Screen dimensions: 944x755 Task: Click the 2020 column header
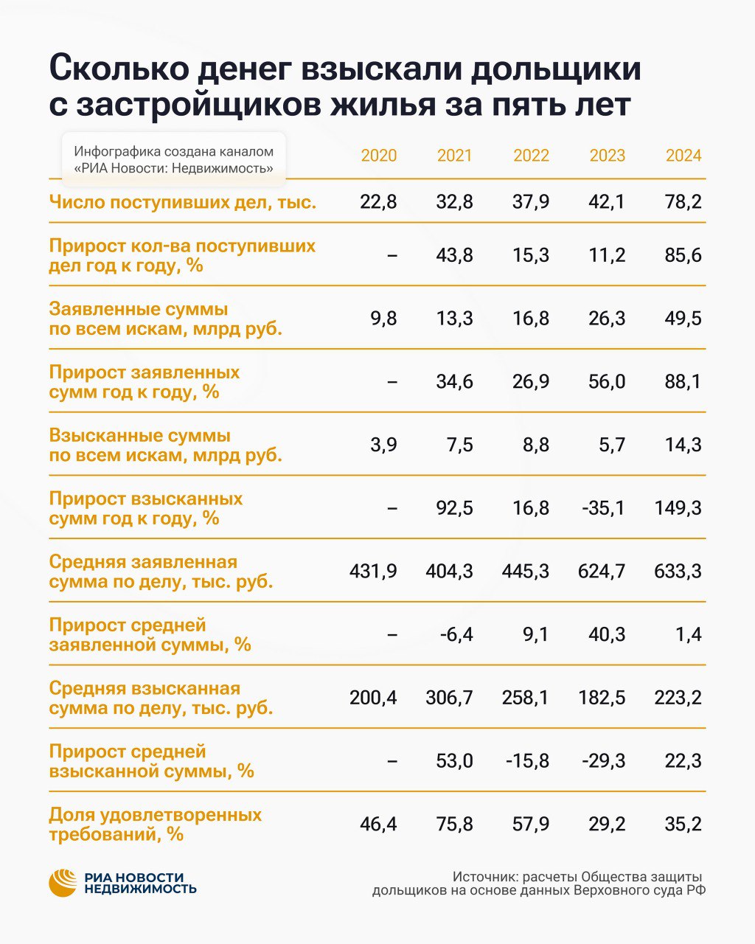tap(378, 156)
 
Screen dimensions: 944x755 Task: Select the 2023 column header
tap(607, 156)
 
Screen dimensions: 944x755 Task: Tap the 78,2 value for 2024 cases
tap(683, 202)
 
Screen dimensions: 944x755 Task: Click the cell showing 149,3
tap(678, 508)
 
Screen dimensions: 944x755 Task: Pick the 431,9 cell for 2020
tap(373, 572)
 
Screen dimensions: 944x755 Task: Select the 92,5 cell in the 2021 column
tap(454, 508)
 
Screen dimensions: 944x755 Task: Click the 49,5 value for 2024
tap(683, 319)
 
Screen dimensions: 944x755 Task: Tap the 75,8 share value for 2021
tap(454, 824)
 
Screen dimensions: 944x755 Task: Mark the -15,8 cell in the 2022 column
tap(527, 760)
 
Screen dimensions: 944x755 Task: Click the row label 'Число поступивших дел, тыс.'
tap(183, 202)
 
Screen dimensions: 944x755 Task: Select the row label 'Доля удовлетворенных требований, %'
tap(155, 825)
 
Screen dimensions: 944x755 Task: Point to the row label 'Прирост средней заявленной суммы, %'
tap(150, 634)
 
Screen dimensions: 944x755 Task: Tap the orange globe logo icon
tap(63, 883)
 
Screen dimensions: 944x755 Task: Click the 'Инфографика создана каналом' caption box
tap(173, 159)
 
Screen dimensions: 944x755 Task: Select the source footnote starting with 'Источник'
tap(538, 883)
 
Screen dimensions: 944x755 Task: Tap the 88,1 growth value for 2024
tap(683, 382)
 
